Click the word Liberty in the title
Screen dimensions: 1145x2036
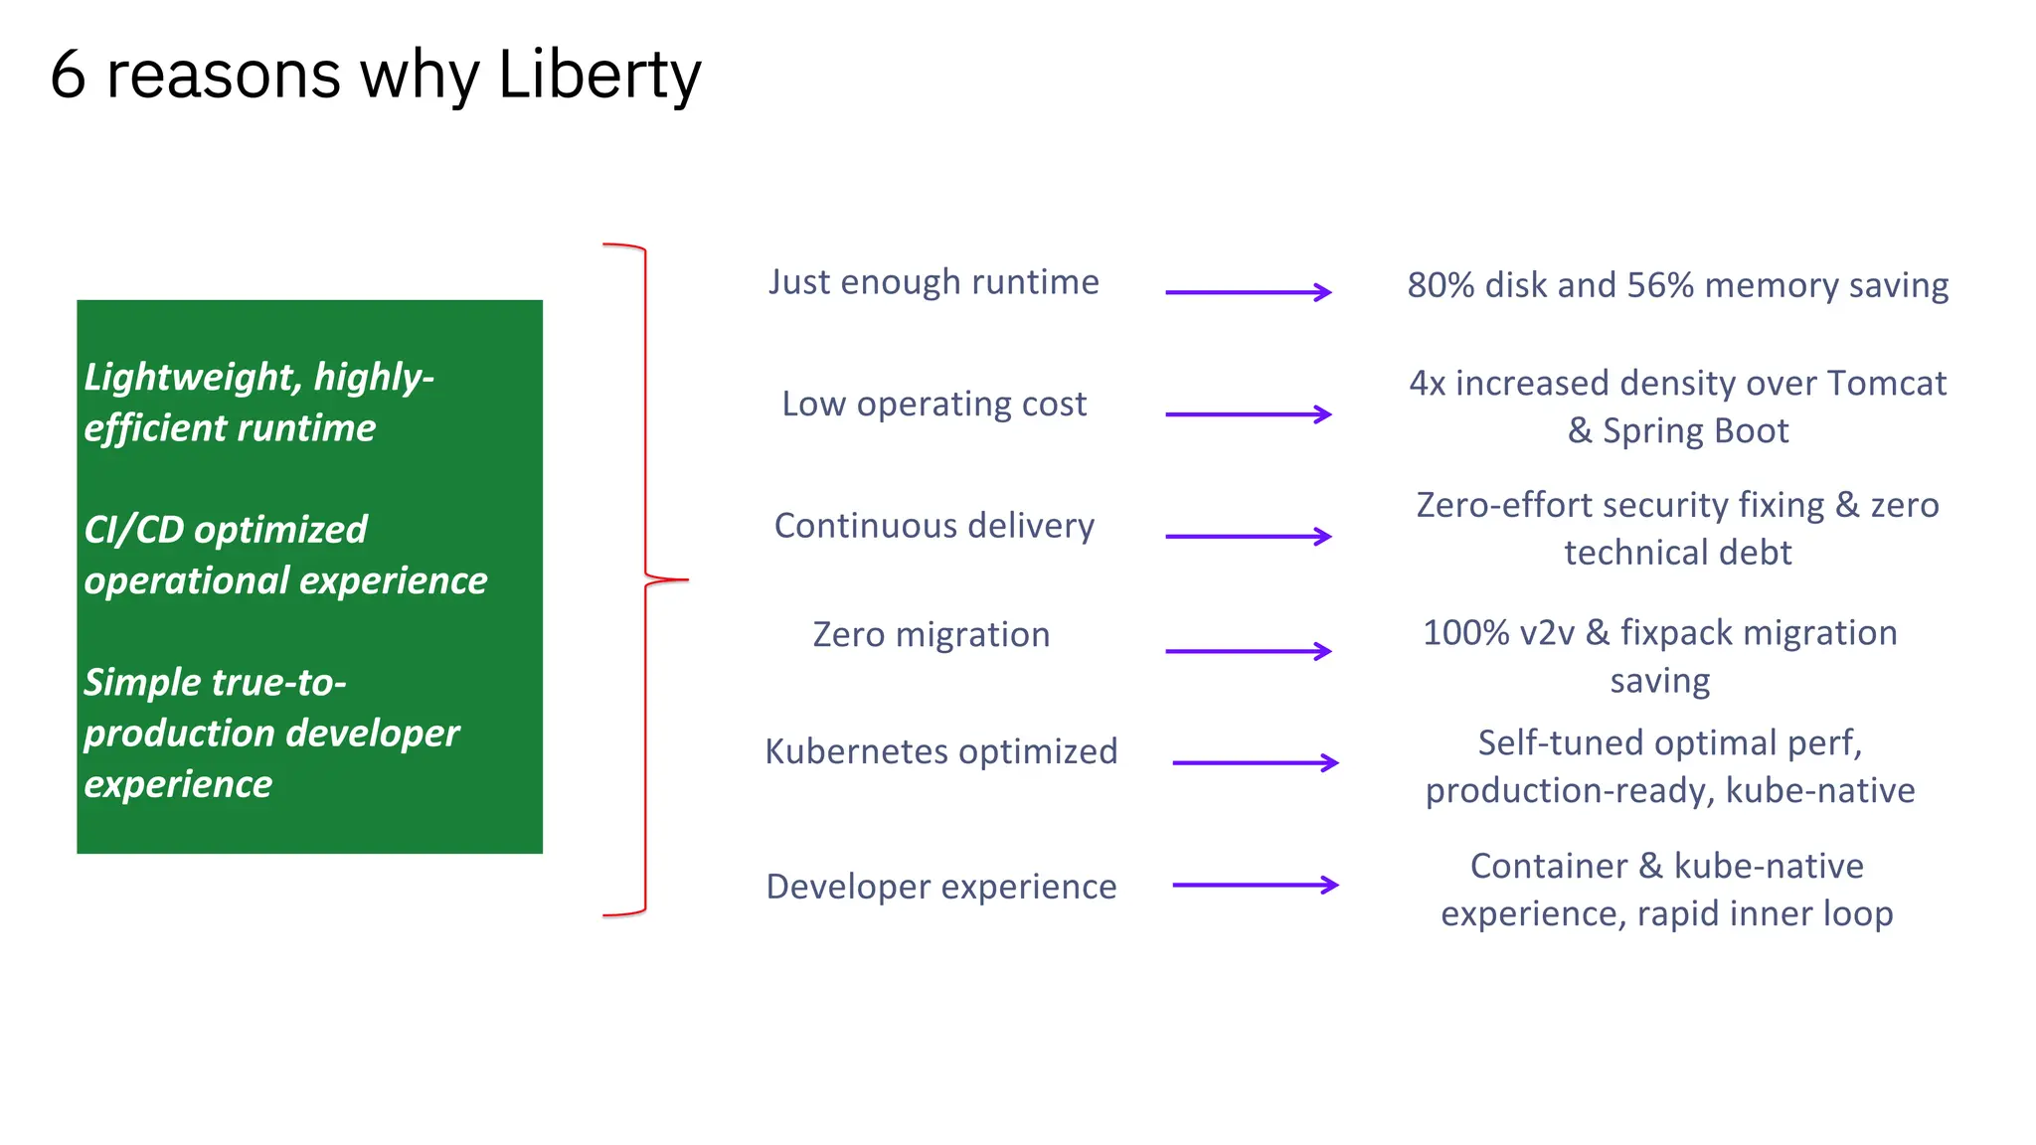pos(599,76)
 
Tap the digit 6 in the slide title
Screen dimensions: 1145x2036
pos(68,76)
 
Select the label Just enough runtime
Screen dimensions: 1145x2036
pos(933,282)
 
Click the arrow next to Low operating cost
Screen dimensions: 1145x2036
pos(1248,414)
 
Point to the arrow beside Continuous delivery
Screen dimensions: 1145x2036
pos(1248,537)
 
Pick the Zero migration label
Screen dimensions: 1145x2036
pos(931,634)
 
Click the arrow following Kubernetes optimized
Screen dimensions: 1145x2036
pos(1255,763)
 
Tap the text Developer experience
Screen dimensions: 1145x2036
pos(940,887)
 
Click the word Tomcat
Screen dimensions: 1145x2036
pos(1886,384)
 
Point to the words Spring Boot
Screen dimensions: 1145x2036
pos(1695,431)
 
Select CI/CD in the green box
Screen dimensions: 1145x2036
pos(134,530)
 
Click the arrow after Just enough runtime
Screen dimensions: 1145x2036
pos(1248,292)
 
